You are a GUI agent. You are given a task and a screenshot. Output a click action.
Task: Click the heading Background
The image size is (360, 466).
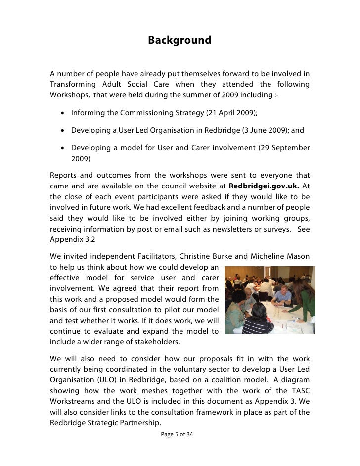180,40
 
